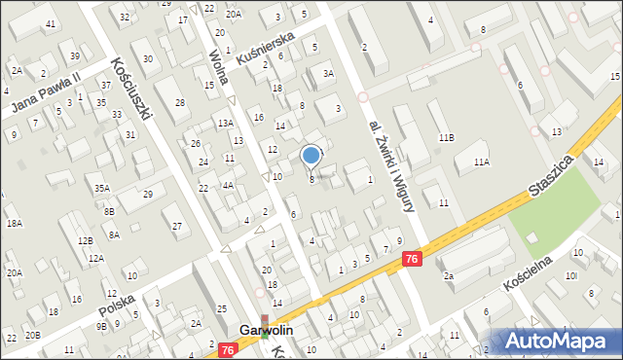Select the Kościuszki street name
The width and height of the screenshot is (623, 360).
pyautogui.click(x=132, y=87)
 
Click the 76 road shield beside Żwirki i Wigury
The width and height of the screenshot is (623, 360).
pyautogui.click(x=412, y=258)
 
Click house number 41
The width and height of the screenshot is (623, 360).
pyautogui.click(x=50, y=23)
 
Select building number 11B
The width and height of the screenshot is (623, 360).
pyautogui.click(x=445, y=138)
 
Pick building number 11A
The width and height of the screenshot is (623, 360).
pyautogui.click(x=481, y=162)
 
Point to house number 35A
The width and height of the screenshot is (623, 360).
pyautogui.click(x=101, y=188)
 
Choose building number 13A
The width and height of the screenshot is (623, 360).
pyautogui.click(x=225, y=123)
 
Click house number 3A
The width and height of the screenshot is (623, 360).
pyautogui.click(x=328, y=73)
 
